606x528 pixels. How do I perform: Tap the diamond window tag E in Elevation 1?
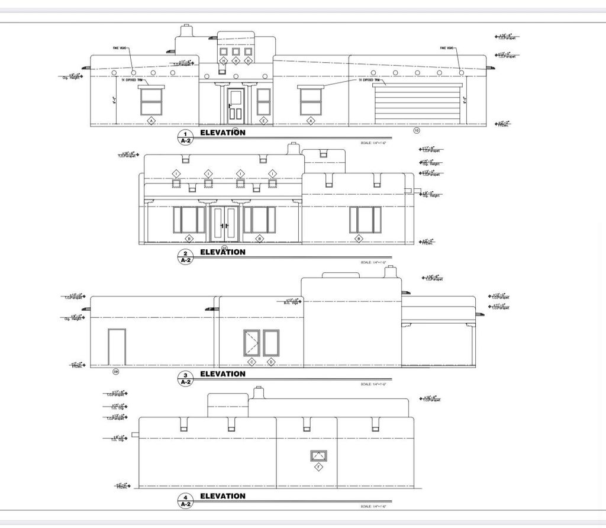tap(264, 121)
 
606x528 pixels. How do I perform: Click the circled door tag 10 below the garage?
tap(416, 130)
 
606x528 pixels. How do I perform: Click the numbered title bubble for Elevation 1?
tap(185, 137)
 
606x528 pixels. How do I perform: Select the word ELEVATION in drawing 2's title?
tap(223, 252)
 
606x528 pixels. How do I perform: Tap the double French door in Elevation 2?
tap(224, 224)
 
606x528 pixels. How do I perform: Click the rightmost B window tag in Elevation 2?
tap(359, 239)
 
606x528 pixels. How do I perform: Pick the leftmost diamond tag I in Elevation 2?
tap(176, 173)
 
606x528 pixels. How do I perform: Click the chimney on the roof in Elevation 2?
tap(292, 148)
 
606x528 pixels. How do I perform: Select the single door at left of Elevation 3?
tap(117, 347)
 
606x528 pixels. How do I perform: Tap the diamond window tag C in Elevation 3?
tap(251, 362)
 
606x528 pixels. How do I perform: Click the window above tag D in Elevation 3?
tap(271, 343)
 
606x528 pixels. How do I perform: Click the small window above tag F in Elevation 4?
tap(319, 455)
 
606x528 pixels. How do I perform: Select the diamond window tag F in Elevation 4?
tap(319, 468)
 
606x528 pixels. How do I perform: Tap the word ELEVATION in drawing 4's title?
tap(223, 496)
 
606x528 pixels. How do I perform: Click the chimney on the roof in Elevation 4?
tap(257, 392)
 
